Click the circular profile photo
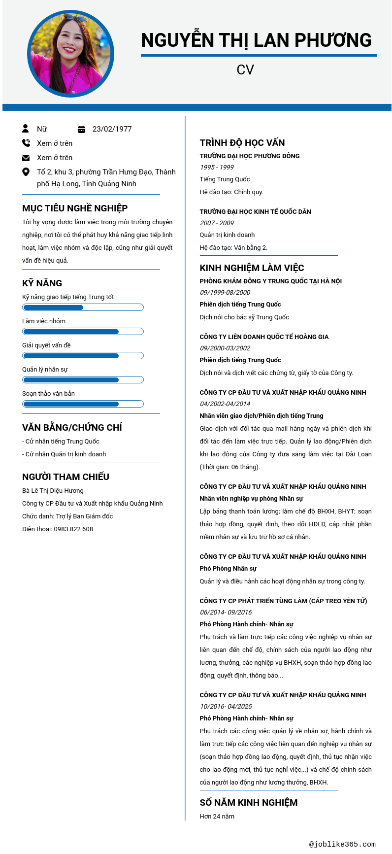pyautogui.click(x=70, y=54)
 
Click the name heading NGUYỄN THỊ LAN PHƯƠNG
pyautogui.click(x=256, y=40)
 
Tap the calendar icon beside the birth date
pyautogui.click(x=82, y=129)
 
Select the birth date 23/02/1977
pyautogui.click(x=112, y=129)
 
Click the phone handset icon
pyautogui.click(x=26, y=143)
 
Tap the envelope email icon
pyautogui.click(x=26, y=158)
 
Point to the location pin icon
pyautogui.click(x=26, y=172)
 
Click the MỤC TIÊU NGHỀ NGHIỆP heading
pyautogui.click(x=75, y=208)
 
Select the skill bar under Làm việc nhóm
pyautogui.click(x=83, y=332)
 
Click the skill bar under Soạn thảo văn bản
pyautogui.click(x=83, y=404)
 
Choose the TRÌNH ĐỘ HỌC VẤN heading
pyautogui.click(x=242, y=143)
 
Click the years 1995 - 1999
pyautogui.click(x=217, y=168)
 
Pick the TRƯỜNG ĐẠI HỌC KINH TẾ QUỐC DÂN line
pyautogui.click(x=255, y=212)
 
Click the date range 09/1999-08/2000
pyautogui.click(x=225, y=293)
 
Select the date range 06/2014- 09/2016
pyautogui.click(x=226, y=613)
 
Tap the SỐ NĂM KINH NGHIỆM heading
pyautogui.click(x=249, y=803)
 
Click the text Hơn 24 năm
pyautogui.click(x=217, y=817)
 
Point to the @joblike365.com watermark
pyautogui.click(x=342, y=844)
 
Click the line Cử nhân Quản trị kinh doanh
pyautogui.click(x=65, y=454)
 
